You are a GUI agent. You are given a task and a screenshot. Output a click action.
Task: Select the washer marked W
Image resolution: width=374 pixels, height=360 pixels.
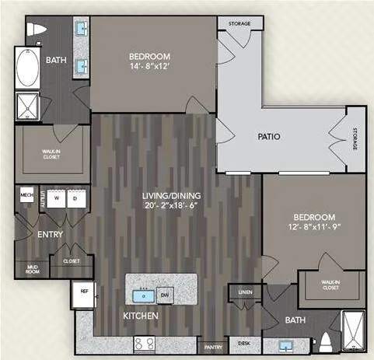tap(55, 197)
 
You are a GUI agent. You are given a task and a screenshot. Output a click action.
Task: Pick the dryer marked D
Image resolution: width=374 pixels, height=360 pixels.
tap(76, 197)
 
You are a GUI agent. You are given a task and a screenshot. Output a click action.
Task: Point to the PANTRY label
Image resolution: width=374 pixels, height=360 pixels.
tap(210, 347)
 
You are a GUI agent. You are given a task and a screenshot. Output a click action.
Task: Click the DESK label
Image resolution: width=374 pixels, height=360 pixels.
tap(243, 343)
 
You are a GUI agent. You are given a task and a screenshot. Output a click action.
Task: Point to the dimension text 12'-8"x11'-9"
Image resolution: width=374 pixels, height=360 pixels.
tap(313, 227)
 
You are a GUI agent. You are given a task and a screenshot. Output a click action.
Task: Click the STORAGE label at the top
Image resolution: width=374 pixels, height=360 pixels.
tap(239, 24)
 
